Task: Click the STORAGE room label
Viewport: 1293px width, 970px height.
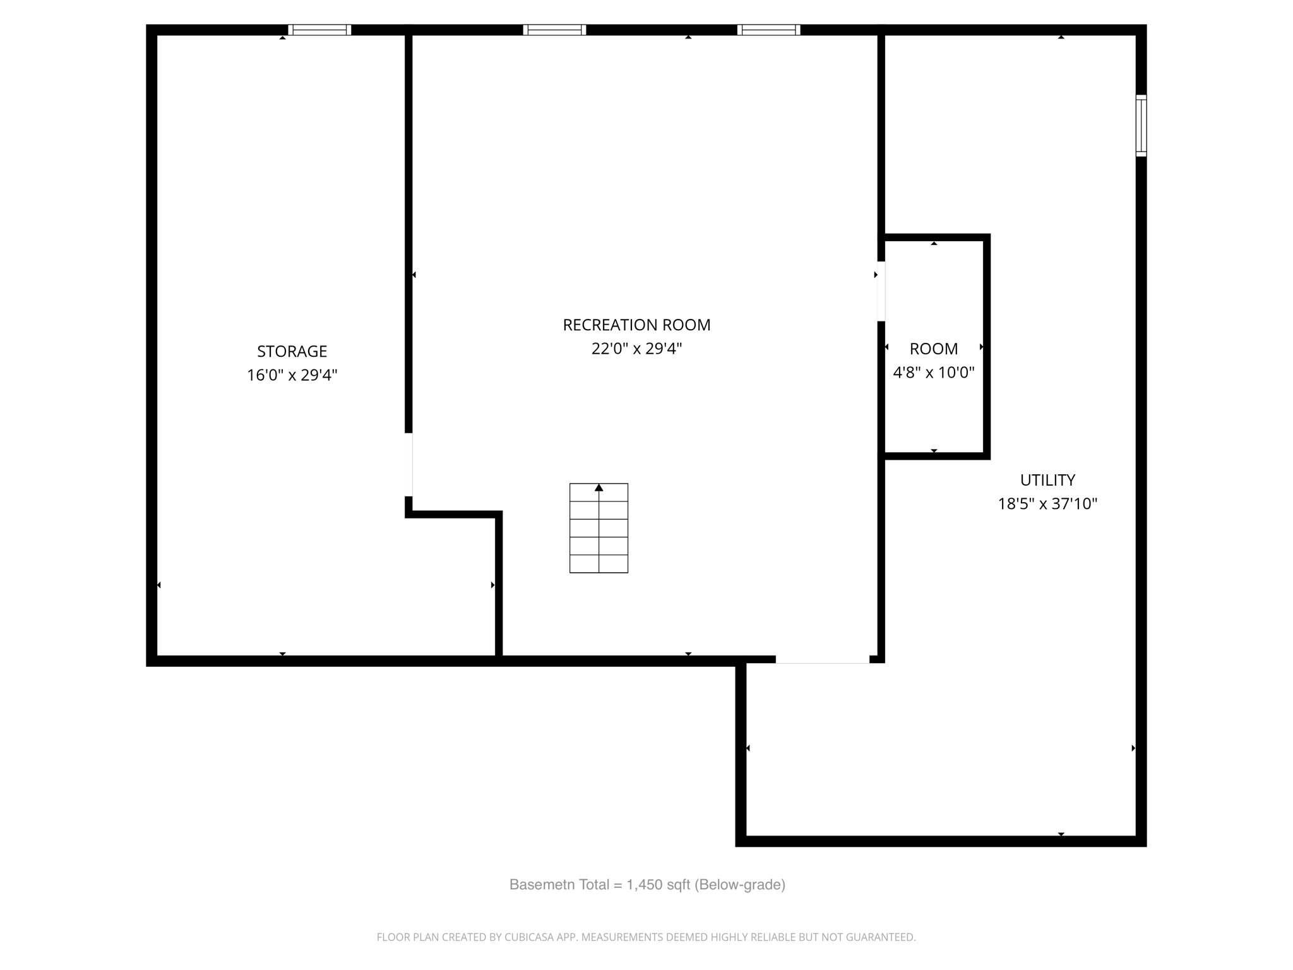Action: (x=292, y=351)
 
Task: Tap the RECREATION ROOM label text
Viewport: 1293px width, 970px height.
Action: (x=636, y=325)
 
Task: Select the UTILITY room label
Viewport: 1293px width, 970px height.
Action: (x=1047, y=480)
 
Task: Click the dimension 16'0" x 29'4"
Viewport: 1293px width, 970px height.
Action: (x=292, y=375)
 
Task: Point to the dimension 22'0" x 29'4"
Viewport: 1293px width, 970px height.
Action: (x=636, y=349)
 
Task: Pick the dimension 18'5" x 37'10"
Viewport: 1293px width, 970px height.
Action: (x=1047, y=504)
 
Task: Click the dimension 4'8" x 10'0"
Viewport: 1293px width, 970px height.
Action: (x=933, y=373)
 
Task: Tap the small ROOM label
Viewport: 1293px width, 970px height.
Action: (x=933, y=349)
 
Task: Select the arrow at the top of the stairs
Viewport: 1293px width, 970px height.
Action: (x=599, y=488)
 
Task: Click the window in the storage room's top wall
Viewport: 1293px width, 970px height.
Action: (x=319, y=30)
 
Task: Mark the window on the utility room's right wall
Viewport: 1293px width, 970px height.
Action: (x=1141, y=125)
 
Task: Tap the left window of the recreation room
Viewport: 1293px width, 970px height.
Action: (x=554, y=30)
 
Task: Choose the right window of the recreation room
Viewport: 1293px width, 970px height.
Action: (x=768, y=30)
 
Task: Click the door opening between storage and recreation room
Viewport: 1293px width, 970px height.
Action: (x=408, y=465)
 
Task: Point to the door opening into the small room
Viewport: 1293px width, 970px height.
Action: (x=881, y=291)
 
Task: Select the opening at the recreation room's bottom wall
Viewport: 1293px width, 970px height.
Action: (x=822, y=660)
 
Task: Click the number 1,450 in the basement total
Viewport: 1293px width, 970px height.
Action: (x=643, y=885)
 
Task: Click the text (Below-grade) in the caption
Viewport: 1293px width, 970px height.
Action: (x=740, y=885)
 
